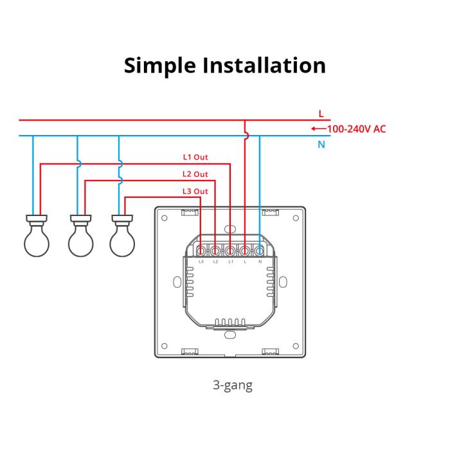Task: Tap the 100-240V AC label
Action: (x=357, y=129)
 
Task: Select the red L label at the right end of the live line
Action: (x=321, y=114)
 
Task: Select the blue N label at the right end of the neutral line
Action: (x=321, y=145)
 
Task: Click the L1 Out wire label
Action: (x=195, y=157)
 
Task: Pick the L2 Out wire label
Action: (x=195, y=174)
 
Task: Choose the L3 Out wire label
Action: (x=195, y=191)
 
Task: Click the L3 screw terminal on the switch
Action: (x=201, y=250)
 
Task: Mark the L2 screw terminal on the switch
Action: (x=215, y=250)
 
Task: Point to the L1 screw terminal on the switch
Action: (x=230, y=250)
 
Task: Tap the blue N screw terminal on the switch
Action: (x=260, y=250)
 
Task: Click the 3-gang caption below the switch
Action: (x=232, y=386)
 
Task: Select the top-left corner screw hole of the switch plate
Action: (x=165, y=218)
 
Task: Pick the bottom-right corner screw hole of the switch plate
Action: (x=295, y=345)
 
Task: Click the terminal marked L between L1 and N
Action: (x=245, y=250)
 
